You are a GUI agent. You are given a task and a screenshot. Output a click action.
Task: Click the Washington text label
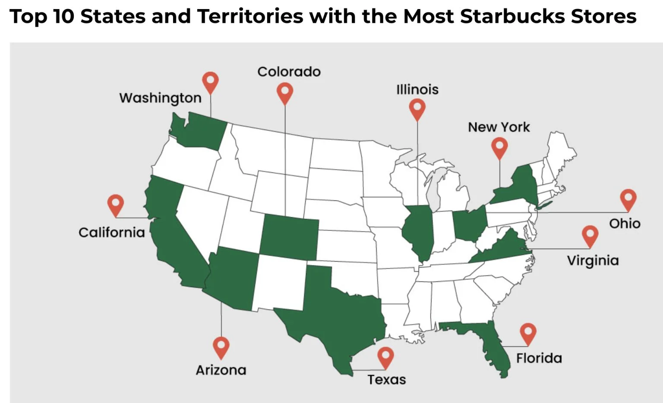(x=160, y=98)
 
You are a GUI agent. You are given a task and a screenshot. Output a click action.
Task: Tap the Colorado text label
(x=289, y=72)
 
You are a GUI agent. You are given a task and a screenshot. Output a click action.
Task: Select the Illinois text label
(x=417, y=90)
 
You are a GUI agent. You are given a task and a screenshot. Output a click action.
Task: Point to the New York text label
(x=499, y=127)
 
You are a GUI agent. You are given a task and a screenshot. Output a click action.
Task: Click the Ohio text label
(x=625, y=223)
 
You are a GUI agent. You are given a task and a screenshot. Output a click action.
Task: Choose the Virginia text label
(x=593, y=260)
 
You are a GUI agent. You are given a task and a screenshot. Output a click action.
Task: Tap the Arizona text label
(x=221, y=370)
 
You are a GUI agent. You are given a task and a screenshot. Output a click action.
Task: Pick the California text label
(x=111, y=232)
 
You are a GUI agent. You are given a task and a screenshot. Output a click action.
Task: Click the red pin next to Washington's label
(x=211, y=82)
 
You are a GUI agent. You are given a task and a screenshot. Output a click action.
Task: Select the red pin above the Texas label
(x=385, y=357)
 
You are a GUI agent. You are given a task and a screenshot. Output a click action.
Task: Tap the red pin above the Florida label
(x=528, y=333)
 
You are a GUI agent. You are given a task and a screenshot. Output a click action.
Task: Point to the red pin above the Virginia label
(x=590, y=236)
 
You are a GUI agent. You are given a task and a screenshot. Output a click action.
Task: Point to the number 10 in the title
(x=65, y=16)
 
